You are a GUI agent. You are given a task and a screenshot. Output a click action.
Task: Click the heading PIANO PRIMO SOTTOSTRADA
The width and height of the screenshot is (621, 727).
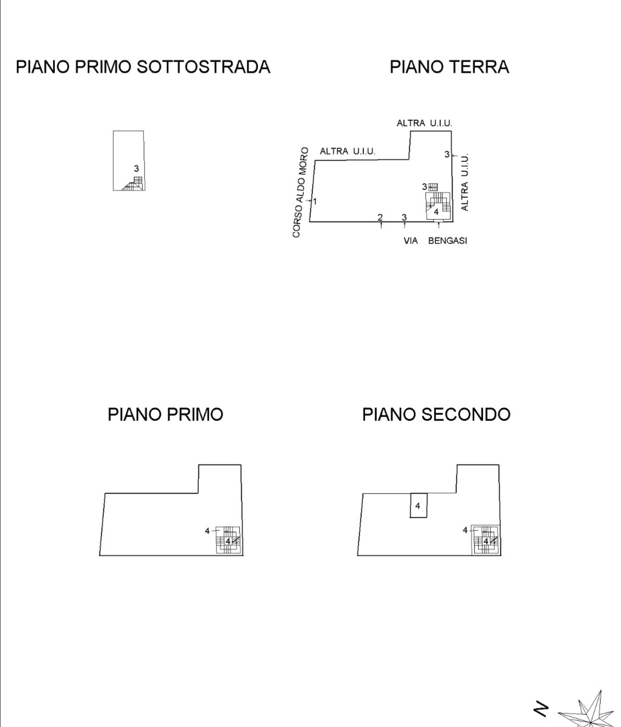pyautogui.click(x=143, y=67)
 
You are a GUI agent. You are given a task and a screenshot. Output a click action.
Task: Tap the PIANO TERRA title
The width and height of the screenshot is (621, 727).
pyautogui.click(x=450, y=67)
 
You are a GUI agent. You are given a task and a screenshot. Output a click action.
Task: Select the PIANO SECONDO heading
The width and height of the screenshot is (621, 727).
pyautogui.click(x=436, y=414)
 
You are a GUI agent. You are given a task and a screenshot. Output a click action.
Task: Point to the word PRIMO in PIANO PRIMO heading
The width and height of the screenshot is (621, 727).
pyautogui.click(x=195, y=414)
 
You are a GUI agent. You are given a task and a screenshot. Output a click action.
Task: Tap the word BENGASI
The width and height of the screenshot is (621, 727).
pyautogui.click(x=447, y=241)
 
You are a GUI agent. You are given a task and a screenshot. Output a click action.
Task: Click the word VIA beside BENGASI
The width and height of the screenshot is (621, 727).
pyautogui.click(x=411, y=241)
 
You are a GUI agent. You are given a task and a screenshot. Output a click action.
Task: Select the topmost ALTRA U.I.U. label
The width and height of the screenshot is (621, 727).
pyautogui.click(x=424, y=124)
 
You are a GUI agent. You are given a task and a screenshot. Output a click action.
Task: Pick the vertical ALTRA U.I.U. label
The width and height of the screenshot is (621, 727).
pyautogui.click(x=465, y=182)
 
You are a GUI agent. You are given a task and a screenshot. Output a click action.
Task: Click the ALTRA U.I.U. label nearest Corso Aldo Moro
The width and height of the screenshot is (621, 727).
pyautogui.click(x=348, y=152)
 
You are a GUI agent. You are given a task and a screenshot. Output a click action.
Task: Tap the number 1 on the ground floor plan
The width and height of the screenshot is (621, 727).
pyautogui.click(x=315, y=202)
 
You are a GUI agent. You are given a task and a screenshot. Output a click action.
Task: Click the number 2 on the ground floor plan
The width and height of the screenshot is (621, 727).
pyautogui.click(x=380, y=218)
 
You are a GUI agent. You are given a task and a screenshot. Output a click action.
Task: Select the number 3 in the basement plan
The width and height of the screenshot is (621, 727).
pyautogui.click(x=136, y=169)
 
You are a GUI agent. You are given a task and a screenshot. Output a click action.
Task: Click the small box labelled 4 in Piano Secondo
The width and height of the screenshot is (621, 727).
pyautogui.click(x=418, y=506)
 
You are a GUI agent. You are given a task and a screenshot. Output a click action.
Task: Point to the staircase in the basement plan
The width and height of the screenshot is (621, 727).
pyautogui.click(x=134, y=184)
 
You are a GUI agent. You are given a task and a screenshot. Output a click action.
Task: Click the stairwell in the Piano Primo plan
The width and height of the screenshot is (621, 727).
pyautogui.click(x=228, y=541)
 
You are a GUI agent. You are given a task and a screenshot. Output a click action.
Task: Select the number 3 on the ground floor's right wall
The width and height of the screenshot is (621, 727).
pyautogui.click(x=447, y=154)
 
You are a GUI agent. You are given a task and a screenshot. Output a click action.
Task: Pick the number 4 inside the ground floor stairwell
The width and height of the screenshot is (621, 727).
pyautogui.click(x=437, y=212)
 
